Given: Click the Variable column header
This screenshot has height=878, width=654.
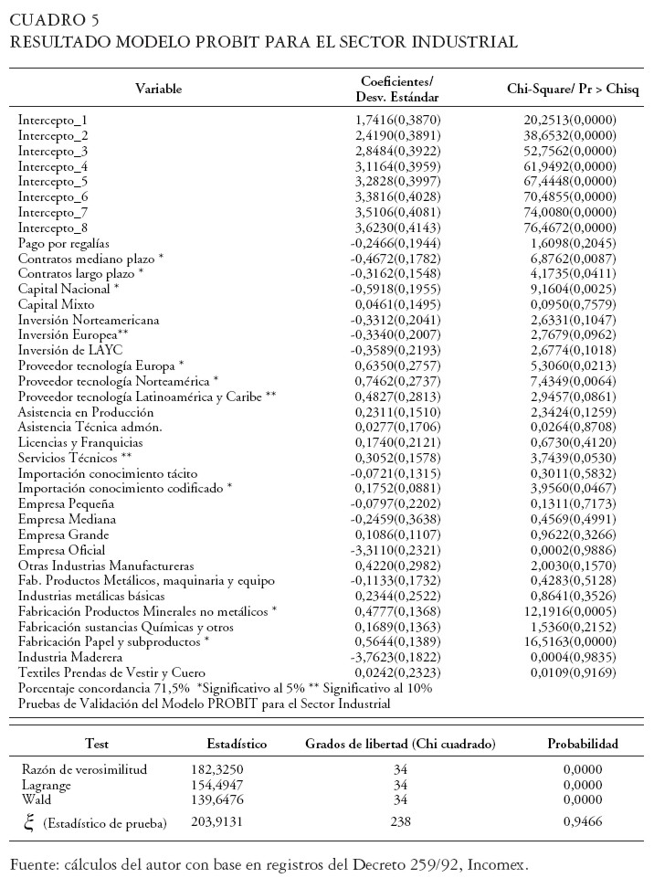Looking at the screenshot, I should [x=159, y=89].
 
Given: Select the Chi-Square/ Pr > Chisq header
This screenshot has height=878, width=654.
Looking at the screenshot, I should [x=573, y=89].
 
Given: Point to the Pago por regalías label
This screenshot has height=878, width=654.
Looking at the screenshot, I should [x=64, y=243].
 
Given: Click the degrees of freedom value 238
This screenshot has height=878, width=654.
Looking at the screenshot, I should [x=400, y=824].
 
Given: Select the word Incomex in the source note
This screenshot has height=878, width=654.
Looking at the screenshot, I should [x=500, y=862].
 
